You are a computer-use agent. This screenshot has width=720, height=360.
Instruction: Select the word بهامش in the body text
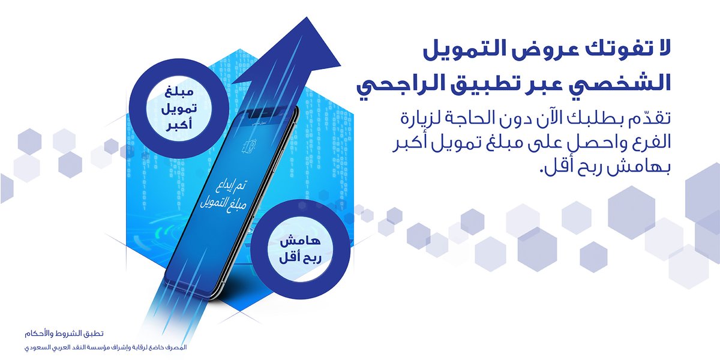coord(650,167)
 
